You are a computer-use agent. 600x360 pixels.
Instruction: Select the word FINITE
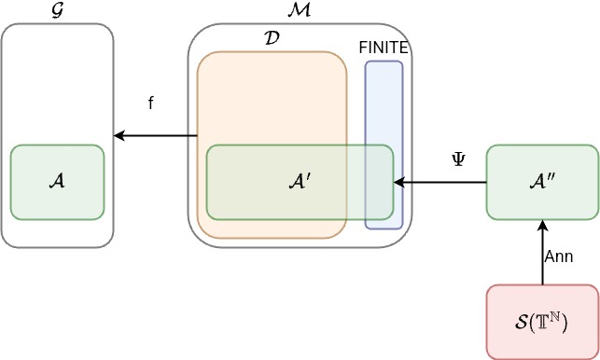pyautogui.click(x=384, y=48)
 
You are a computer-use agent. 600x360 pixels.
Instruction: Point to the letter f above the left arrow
pyautogui.click(x=151, y=103)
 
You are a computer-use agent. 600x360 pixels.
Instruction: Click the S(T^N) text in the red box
pyautogui.click(x=541, y=323)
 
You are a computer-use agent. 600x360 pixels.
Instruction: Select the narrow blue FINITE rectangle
pyautogui.click(x=384, y=103)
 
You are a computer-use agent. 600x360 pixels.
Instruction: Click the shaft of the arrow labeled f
pyautogui.click(x=159, y=136)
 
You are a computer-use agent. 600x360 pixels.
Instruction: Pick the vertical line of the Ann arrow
pyautogui.click(x=541, y=261)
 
